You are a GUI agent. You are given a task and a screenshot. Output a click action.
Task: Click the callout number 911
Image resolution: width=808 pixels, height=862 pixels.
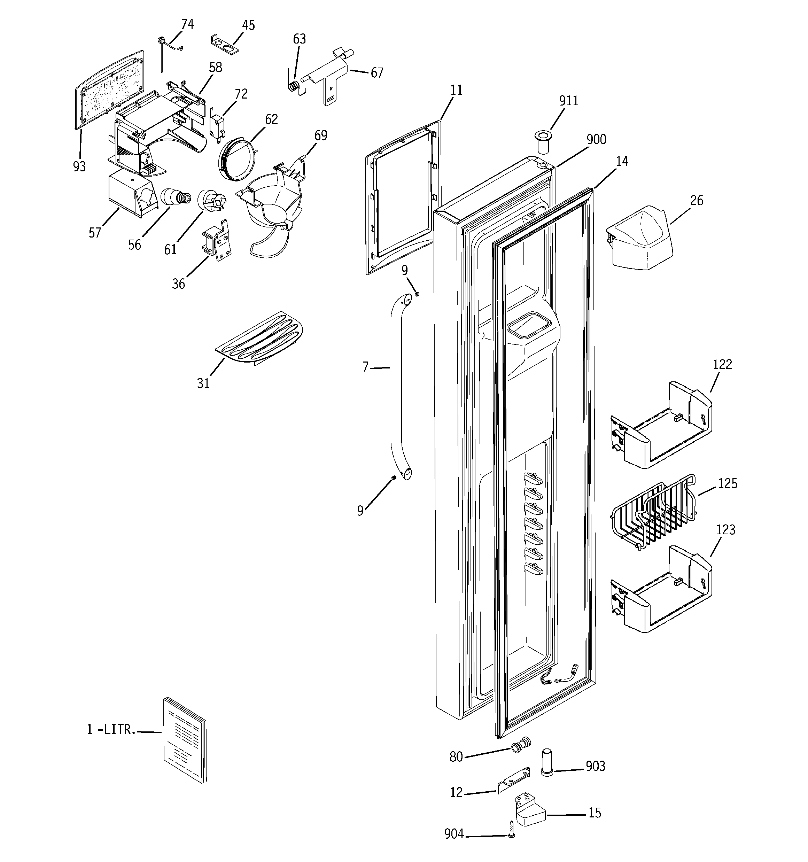[568, 101]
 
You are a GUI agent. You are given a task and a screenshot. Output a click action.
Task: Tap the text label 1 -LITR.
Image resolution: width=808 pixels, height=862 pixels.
[111, 729]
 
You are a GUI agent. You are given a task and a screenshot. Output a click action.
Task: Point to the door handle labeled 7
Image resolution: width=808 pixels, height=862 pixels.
[397, 386]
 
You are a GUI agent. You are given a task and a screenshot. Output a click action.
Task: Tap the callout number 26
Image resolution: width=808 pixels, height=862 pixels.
[697, 200]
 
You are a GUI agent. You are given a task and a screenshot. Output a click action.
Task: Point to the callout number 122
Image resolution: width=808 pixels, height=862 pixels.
[722, 364]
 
